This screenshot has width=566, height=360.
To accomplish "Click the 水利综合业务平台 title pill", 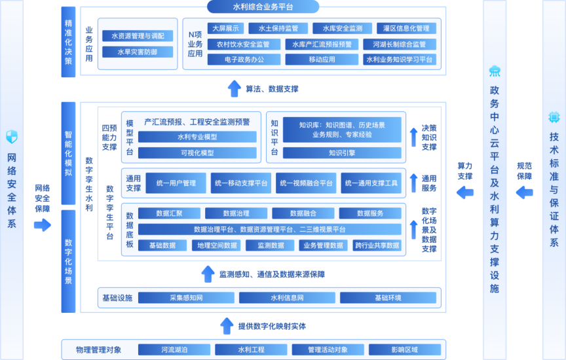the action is pos(263,7).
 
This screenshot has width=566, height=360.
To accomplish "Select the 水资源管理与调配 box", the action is pos(137,36).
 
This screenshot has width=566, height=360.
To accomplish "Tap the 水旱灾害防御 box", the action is pos(137,52).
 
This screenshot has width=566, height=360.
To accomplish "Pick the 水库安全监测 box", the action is pos(337,29).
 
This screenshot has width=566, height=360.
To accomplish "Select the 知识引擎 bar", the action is pos(342,153).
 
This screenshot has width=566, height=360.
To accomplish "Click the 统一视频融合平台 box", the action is pos(306,183).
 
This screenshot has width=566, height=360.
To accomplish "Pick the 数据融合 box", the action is pos(303,213).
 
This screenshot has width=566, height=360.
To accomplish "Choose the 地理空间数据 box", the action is pos(217,245).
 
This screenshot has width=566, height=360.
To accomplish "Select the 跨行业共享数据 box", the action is pos(377,245).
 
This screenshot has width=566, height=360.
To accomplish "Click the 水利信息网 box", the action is pos(287,298).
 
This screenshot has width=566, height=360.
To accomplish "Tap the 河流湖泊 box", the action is pos(174,350).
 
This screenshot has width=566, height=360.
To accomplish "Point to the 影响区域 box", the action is pos(404,350).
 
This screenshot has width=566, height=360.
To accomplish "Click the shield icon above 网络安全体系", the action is pos(12,137).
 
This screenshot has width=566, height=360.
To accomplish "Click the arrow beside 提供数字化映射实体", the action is pos(227,325).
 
